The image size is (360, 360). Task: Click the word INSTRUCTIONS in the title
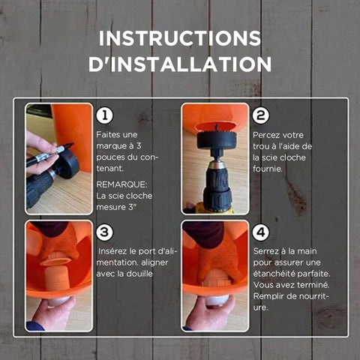(180, 38)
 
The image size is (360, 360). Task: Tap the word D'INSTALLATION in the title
(180, 64)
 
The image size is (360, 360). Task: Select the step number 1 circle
(104, 115)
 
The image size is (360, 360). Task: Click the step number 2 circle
(261, 115)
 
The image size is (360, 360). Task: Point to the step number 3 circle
(104, 232)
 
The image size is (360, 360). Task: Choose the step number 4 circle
(261, 232)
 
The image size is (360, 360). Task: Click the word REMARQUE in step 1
(121, 184)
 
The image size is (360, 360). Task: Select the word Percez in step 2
(265, 135)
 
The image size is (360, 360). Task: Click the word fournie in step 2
(267, 169)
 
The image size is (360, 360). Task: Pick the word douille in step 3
(139, 274)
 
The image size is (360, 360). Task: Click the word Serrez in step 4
(265, 251)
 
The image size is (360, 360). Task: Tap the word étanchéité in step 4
(272, 274)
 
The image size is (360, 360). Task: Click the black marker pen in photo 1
(50, 154)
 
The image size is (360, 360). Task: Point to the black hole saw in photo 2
(216, 139)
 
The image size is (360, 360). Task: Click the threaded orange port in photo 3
(57, 274)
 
